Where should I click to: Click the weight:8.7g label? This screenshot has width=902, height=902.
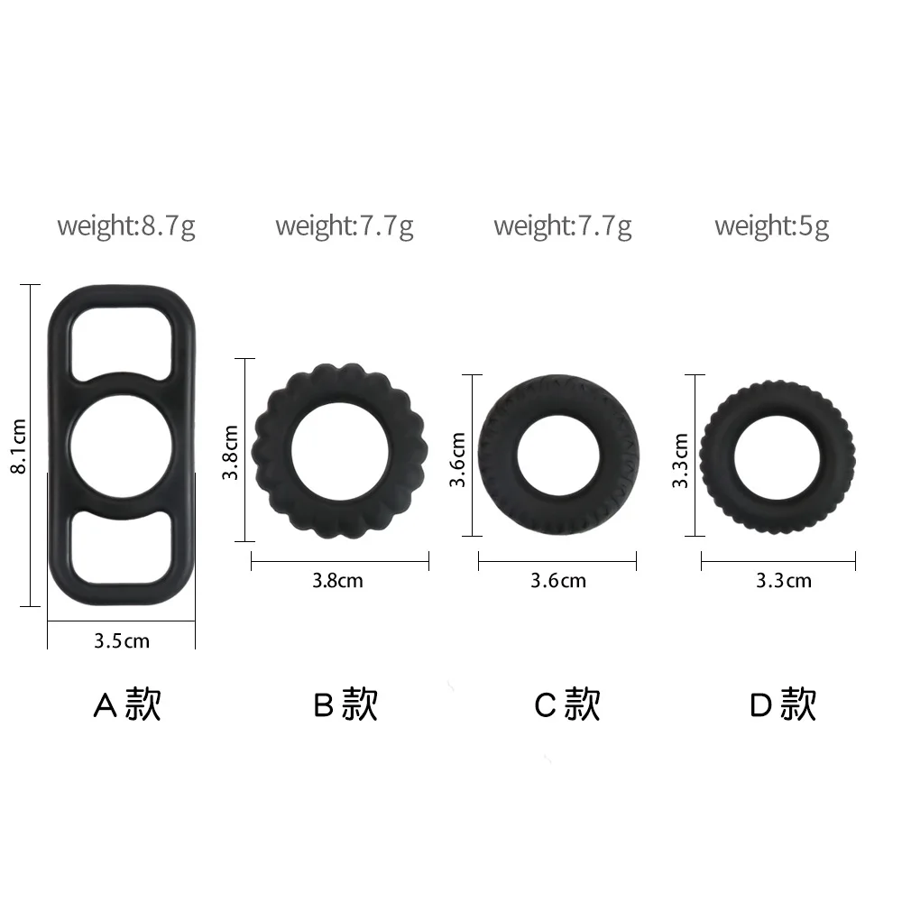click(125, 225)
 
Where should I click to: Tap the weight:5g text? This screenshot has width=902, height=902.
click(771, 225)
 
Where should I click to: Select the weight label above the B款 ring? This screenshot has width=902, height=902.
click(345, 225)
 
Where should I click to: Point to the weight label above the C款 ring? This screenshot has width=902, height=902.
click(563, 225)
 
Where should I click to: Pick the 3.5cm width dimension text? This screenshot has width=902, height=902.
click(122, 641)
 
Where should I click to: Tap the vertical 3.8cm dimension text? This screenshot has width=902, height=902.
click(231, 452)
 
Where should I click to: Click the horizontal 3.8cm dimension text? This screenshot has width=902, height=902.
click(337, 580)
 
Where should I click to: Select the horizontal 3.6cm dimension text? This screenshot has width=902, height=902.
click(557, 580)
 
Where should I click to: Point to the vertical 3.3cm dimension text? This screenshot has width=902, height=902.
click(681, 460)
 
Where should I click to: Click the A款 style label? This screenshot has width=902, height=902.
click(127, 704)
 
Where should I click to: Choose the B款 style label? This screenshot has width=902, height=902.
click(345, 704)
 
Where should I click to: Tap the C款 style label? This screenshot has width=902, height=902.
click(566, 704)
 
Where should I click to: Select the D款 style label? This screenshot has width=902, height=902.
click(783, 704)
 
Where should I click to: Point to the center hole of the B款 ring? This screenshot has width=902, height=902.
click(339, 450)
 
